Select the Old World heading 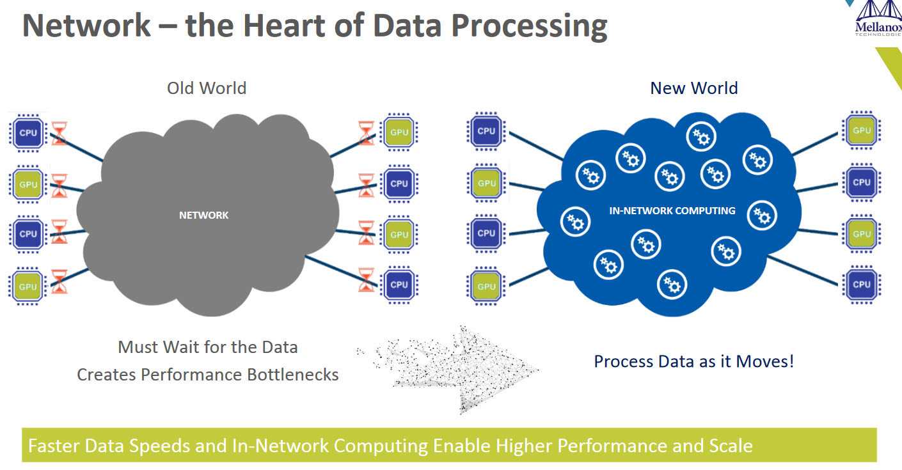point(207,88)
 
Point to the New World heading point(694,88)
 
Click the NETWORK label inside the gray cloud point(204,215)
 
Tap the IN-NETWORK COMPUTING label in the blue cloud point(672,211)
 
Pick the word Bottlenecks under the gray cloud point(292,375)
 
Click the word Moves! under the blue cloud point(764,361)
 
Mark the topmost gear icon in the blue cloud point(701,136)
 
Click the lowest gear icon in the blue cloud point(672,285)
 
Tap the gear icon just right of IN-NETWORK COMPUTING point(762,215)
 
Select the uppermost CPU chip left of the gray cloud point(28,133)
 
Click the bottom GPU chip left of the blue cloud point(486,286)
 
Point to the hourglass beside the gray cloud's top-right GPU point(366,133)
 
